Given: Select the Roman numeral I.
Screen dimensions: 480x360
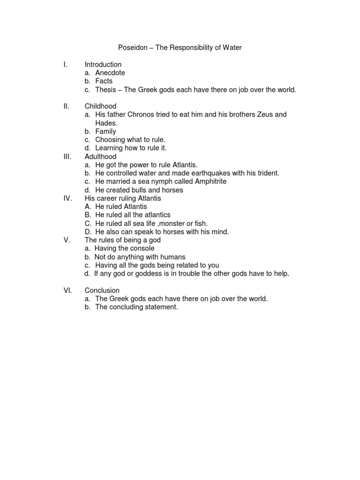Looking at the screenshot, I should point(65,65).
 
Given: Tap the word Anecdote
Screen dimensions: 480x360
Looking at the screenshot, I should point(110,73).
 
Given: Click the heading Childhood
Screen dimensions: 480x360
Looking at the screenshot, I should point(100,106).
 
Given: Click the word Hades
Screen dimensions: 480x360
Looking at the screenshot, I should point(105,123).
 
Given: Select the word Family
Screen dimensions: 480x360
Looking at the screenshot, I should point(105,132).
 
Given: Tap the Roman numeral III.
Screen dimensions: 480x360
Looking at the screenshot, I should point(67,157).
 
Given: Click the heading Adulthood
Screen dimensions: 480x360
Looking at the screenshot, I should point(100,157).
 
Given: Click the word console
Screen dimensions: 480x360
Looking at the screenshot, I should point(141,248).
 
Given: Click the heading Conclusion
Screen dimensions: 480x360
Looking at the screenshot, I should point(102,291).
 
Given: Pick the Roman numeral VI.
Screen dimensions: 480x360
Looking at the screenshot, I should point(67,291).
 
